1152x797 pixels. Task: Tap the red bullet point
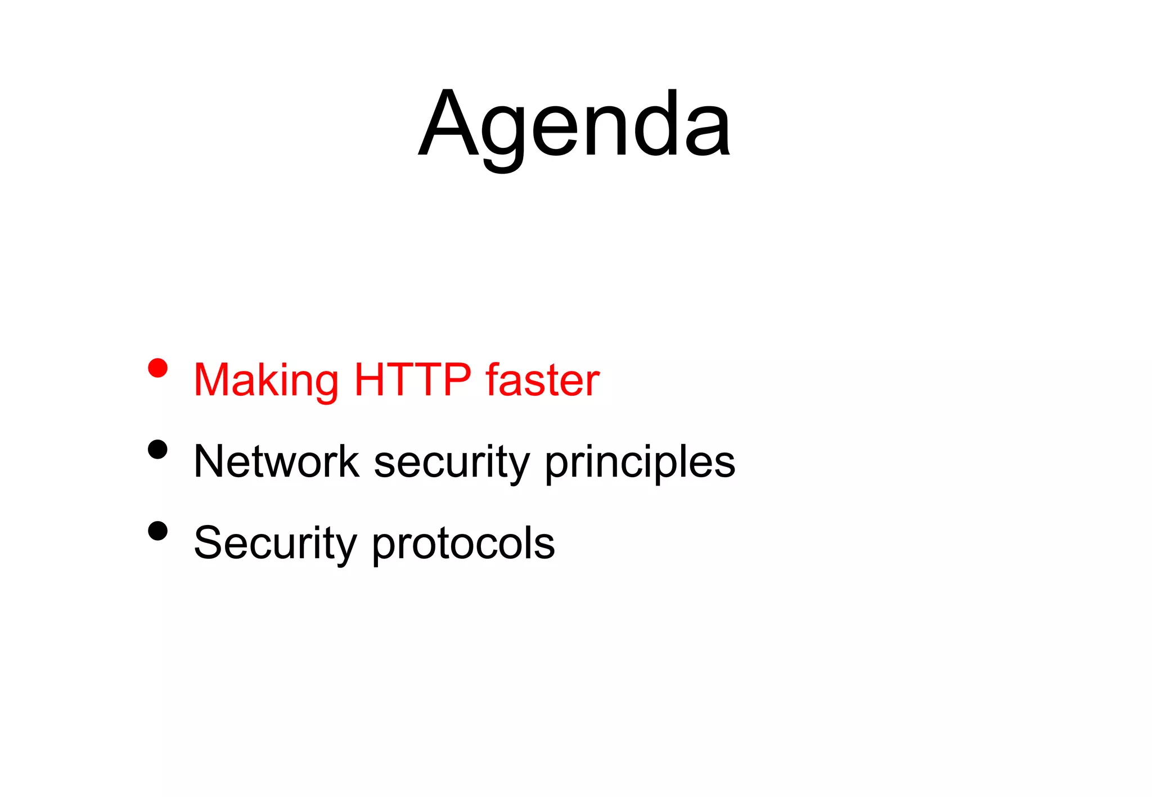[158, 368]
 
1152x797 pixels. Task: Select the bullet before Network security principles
[158, 450]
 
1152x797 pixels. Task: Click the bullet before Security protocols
[158, 531]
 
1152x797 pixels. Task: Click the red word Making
[265, 381]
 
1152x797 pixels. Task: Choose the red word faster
[543, 381]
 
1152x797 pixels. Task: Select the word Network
[276, 461]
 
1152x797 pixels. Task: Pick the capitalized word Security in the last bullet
[275, 544]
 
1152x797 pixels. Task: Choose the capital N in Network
[210, 461]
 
